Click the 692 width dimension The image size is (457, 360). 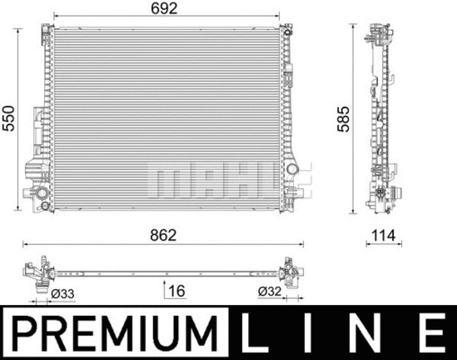[x=165, y=8]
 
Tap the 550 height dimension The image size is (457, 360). [x=9, y=119]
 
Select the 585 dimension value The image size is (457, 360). [x=344, y=119]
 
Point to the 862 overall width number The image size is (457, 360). [x=164, y=236]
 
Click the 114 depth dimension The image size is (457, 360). [x=383, y=236]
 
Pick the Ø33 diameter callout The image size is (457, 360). [x=62, y=293]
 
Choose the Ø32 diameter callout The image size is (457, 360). [x=270, y=291]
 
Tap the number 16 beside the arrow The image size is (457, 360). [x=177, y=291]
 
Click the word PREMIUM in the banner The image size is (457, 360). [x=115, y=333]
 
